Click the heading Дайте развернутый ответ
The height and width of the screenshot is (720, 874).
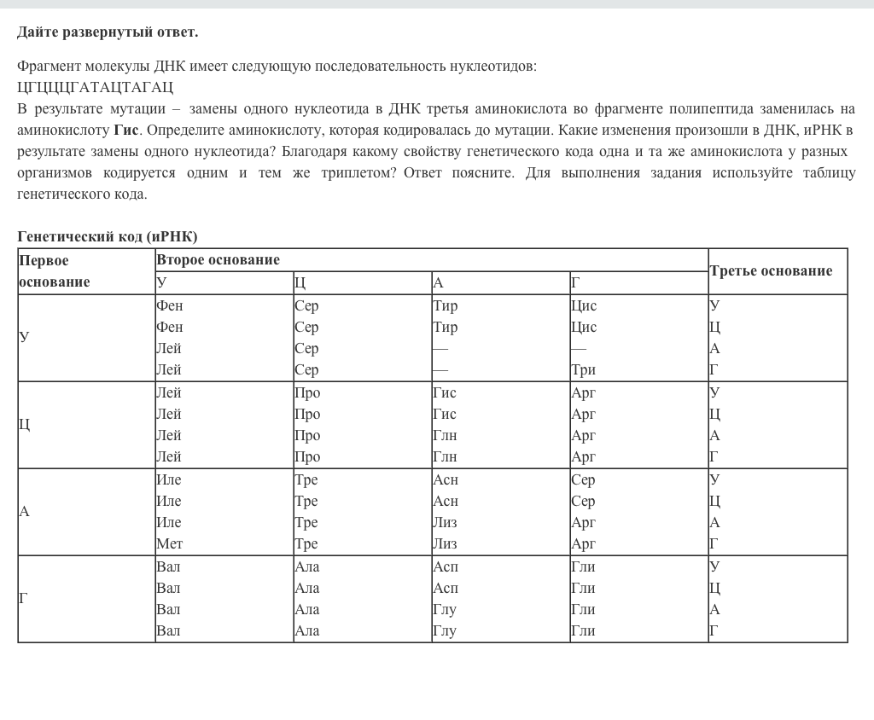tap(108, 32)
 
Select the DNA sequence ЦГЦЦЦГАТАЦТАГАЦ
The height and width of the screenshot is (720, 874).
tap(95, 87)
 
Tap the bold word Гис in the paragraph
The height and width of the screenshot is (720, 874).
tap(125, 131)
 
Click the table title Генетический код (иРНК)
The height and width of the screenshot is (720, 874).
tap(107, 236)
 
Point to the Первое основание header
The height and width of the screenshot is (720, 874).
tap(55, 271)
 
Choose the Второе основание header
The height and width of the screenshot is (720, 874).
tap(218, 260)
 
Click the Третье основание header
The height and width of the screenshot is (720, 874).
tap(771, 271)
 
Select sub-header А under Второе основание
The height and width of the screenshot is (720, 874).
tap(438, 283)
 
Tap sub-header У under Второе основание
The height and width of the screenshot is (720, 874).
tap(161, 283)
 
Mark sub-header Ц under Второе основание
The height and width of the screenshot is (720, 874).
tap(300, 283)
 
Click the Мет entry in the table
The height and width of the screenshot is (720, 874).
tap(169, 543)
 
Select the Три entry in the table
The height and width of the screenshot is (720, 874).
tap(584, 369)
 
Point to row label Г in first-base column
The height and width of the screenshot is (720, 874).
tap(24, 599)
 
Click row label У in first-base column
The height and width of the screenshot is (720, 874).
tap(24, 337)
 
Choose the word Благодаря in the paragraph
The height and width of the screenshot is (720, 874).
tap(312, 152)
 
